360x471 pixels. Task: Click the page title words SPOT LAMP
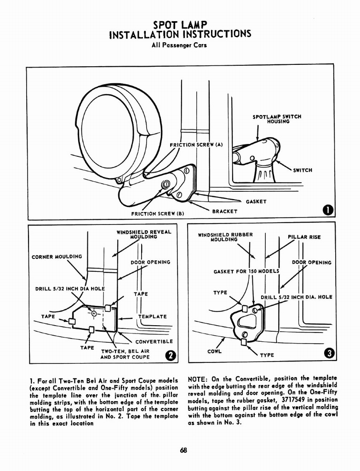click(180, 24)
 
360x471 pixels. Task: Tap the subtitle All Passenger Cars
click(179, 45)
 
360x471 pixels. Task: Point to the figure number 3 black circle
click(329, 354)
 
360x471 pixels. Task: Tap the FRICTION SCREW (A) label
click(196, 145)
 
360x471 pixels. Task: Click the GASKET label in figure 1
click(256, 201)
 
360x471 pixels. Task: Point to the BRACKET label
click(224, 211)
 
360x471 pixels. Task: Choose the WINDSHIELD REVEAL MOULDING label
click(143, 235)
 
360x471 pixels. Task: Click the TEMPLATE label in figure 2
click(152, 316)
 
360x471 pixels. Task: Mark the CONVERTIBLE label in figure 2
click(154, 341)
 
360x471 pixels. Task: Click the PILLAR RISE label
click(304, 237)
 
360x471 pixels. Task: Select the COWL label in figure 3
click(214, 351)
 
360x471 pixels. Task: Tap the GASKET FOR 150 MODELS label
click(246, 271)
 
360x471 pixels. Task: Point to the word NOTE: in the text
click(198, 379)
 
